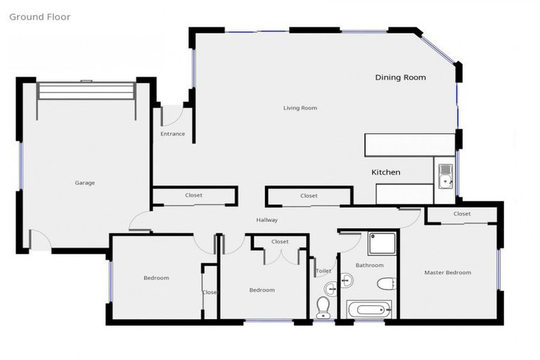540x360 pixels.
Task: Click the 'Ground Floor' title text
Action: [39, 17]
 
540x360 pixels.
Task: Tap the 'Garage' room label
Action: [84, 183]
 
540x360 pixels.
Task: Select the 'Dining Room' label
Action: [400, 77]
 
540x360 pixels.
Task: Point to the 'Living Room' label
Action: [300, 108]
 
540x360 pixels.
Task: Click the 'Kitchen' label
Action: [386, 172]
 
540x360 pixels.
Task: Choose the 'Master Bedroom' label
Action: [448, 273]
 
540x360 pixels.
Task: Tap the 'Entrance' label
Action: [173, 134]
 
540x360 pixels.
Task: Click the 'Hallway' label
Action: [267, 220]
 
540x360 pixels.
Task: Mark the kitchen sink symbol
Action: [444, 178]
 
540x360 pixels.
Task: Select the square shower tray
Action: [381, 243]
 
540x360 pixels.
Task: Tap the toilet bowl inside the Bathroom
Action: [387, 283]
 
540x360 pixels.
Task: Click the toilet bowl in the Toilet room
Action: [323, 307]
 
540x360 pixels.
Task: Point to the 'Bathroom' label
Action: [369, 265]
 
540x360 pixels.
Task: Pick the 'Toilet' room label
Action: [323, 271]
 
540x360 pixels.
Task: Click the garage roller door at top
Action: [86, 91]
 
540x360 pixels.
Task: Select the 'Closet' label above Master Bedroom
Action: [462, 214]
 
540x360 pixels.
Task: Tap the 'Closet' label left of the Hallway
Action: [194, 195]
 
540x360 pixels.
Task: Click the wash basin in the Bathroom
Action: [346, 281]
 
